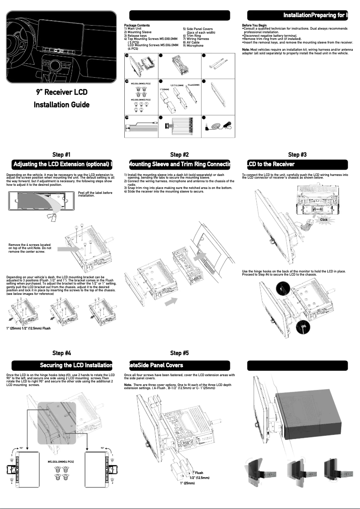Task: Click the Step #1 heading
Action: pyautogui.click(x=61, y=155)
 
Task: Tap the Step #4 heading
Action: pyautogui.click(x=61, y=353)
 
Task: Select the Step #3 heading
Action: pyautogui.click(x=297, y=155)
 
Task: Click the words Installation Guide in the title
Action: pyautogui.click(x=61, y=105)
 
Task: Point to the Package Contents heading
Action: pyautogui.click(x=137, y=26)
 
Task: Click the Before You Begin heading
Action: pyautogui.click(x=254, y=26)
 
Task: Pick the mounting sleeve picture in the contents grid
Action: pyautogui.click(x=177, y=65)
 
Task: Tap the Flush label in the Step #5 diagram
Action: pyautogui.click(x=199, y=473)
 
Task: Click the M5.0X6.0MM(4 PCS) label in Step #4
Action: pyautogui.click(x=61, y=461)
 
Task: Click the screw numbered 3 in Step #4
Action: pyautogui.click(x=12, y=455)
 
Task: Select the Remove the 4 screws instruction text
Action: pyautogui.click(x=30, y=248)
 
